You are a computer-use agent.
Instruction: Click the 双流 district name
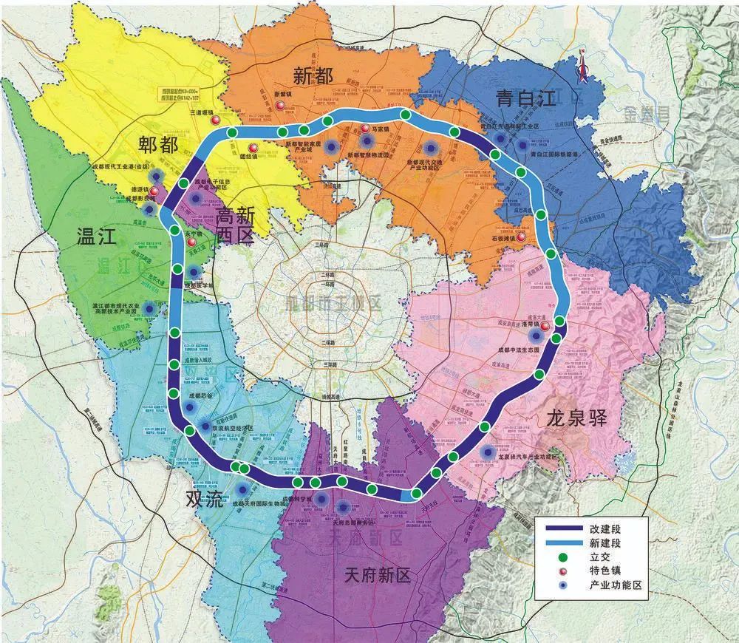[x=203, y=500]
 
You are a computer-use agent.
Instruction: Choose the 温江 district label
[x=98, y=237]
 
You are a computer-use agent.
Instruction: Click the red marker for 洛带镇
[x=545, y=327]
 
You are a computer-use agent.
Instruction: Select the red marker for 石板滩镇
[x=522, y=238]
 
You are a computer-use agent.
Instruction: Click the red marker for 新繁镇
[x=279, y=108]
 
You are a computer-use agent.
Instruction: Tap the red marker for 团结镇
[x=253, y=147]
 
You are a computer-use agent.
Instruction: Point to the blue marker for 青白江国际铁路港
[x=524, y=145]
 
